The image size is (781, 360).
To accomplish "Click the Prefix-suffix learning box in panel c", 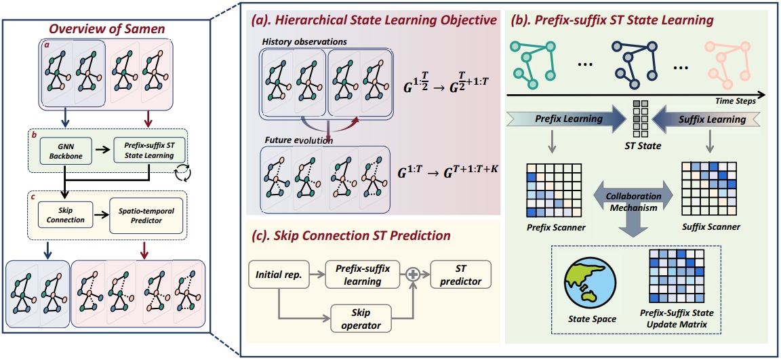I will coord(363,276).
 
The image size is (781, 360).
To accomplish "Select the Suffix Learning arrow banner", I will coord(708,119).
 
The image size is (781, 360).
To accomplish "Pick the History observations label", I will coord(304,41).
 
